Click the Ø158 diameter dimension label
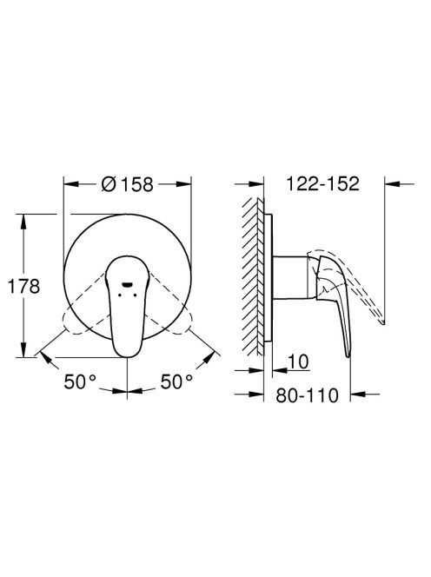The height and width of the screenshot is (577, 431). pos(127,185)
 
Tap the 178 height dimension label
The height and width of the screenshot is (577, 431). pos(23,286)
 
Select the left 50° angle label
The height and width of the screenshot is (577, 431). pos(80,381)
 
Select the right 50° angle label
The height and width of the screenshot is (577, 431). pos(176,381)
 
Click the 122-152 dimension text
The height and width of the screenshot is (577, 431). pos(322,183)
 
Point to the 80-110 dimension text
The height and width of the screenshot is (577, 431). pos(307,395)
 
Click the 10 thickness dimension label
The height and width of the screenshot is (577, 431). pos(298,361)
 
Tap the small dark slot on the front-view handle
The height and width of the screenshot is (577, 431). pos(128,284)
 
